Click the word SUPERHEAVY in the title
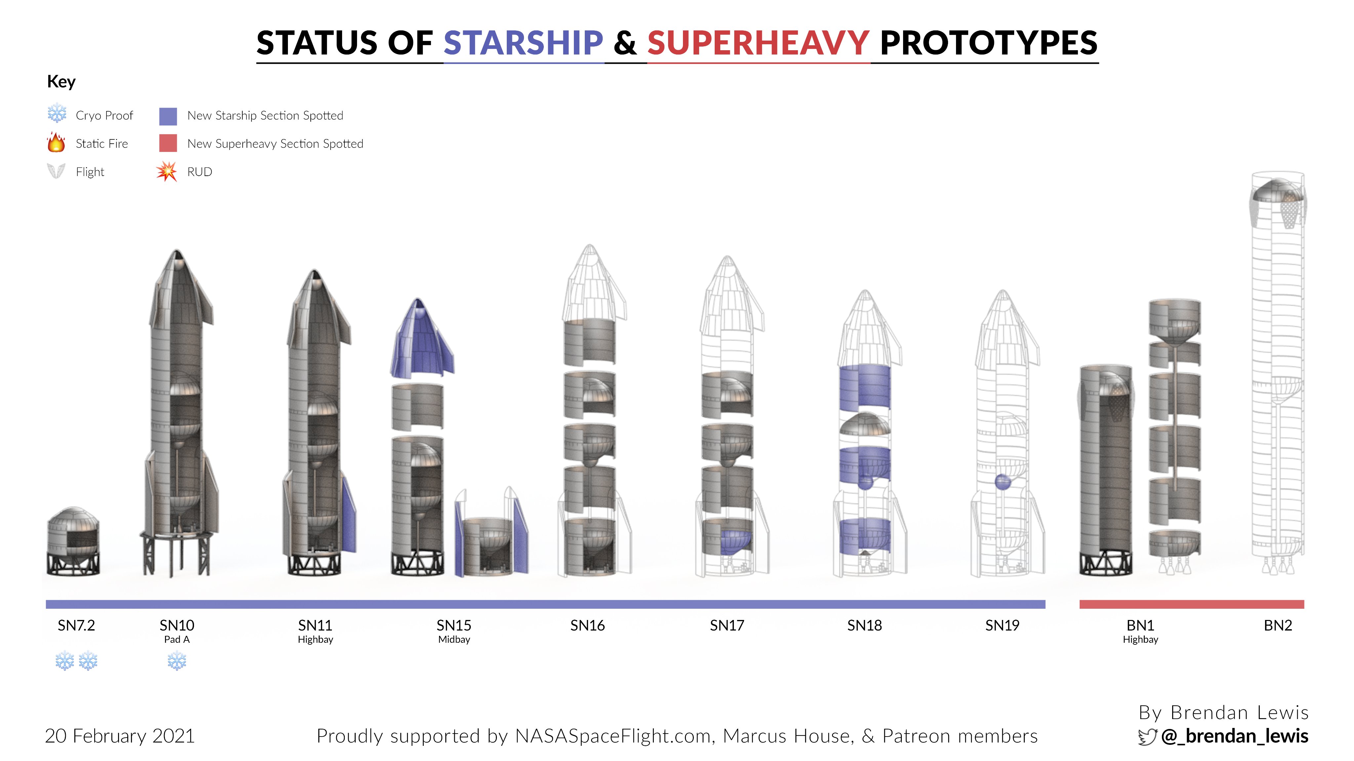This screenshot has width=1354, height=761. (758, 43)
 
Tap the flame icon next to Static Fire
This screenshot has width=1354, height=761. (56, 142)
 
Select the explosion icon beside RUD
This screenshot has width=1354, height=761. (167, 171)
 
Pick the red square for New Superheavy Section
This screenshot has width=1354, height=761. (168, 143)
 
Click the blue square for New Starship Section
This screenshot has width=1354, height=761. (168, 116)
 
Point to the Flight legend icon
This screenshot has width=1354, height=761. (56, 171)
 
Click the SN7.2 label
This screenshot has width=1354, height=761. (76, 626)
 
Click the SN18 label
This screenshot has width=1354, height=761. (865, 626)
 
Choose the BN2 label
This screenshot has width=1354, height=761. (1278, 626)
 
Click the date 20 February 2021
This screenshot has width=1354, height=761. (120, 736)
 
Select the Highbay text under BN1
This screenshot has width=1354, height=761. (1140, 640)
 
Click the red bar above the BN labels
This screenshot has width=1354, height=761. (1192, 604)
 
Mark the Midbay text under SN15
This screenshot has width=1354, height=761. (454, 640)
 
